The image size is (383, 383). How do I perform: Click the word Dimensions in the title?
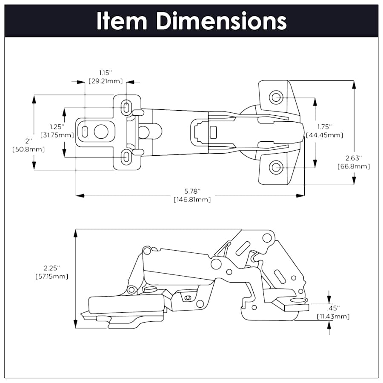pyautogui.click(x=221, y=21)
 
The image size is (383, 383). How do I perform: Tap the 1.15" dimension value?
pyautogui.click(x=106, y=73)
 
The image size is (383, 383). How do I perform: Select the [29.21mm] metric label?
pyautogui.click(x=106, y=81)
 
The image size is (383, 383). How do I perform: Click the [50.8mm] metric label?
pyautogui.click(x=29, y=149)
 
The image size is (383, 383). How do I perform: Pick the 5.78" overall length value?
pyautogui.click(x=191, y=191)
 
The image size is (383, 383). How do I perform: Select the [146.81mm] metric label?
pyautogui.click(x=191, y=199)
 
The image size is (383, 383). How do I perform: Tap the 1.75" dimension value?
pyautogui.click(x=324, y=127)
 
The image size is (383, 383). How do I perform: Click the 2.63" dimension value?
pyautogui.click(x=353, y=158)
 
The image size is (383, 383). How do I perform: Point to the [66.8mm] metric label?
pyautogui.click(x=353, y=166)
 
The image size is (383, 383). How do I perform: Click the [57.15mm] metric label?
pyautogui.click(x=51, y=276)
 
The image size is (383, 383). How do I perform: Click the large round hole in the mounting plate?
pyautogui.click(x=101, y=132)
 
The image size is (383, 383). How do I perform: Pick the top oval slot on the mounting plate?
pyautogui.click(x=126, y=107)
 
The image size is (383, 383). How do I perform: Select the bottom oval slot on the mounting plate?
pyautogui.click(x=126, y=157)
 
